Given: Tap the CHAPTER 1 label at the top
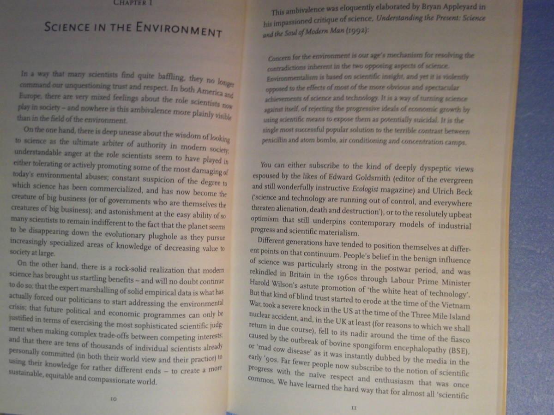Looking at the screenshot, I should point(134,2).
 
